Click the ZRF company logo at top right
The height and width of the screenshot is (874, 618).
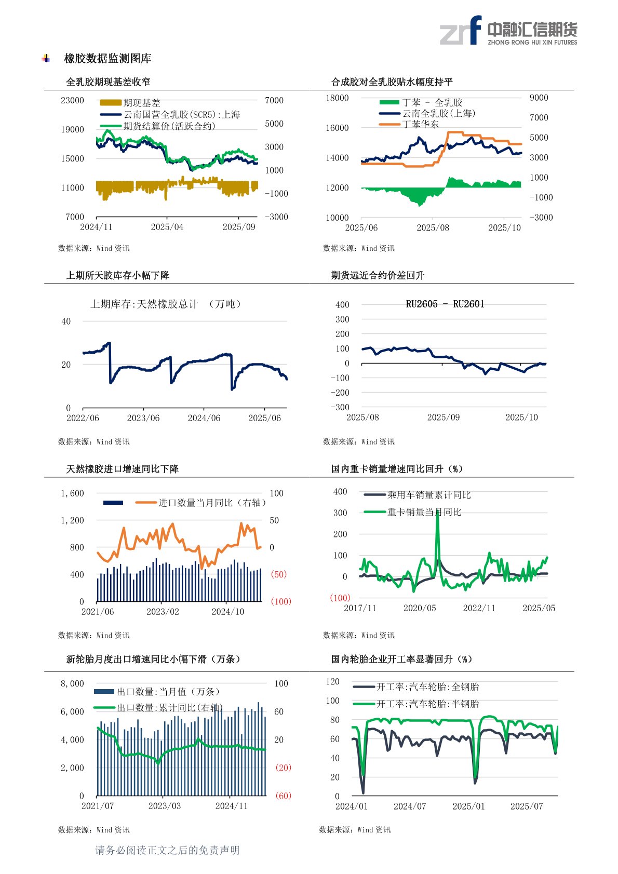pos(508,31)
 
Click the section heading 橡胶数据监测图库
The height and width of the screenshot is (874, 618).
pos(108,59)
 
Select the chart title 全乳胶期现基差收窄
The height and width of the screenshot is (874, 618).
pos(108,82)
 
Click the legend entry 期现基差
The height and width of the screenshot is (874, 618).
pos(141,103)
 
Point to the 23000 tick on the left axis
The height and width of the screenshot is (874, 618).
pos(72,100)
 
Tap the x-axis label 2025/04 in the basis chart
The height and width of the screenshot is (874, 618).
pos(167,227)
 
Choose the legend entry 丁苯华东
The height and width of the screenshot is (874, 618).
pos(420,124)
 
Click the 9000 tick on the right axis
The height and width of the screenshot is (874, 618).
pos(539,98)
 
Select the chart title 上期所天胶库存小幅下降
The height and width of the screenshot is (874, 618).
pos(117,275)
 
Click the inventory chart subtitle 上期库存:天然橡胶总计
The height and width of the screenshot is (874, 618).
pos(144,304)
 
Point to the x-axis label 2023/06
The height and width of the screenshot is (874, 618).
pos(143,418)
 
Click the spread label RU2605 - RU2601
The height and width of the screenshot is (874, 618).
pos(445,304)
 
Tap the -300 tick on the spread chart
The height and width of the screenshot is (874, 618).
pos(340,407)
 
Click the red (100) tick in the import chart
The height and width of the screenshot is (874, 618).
pos(280,601)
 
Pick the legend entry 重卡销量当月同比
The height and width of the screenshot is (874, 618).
pos(424,512)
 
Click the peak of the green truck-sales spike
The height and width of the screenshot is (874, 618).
pos(437,512)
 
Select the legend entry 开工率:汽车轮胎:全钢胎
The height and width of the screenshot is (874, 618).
pos(427,687)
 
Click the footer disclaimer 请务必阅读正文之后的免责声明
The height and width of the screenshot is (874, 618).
pos(167,850)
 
